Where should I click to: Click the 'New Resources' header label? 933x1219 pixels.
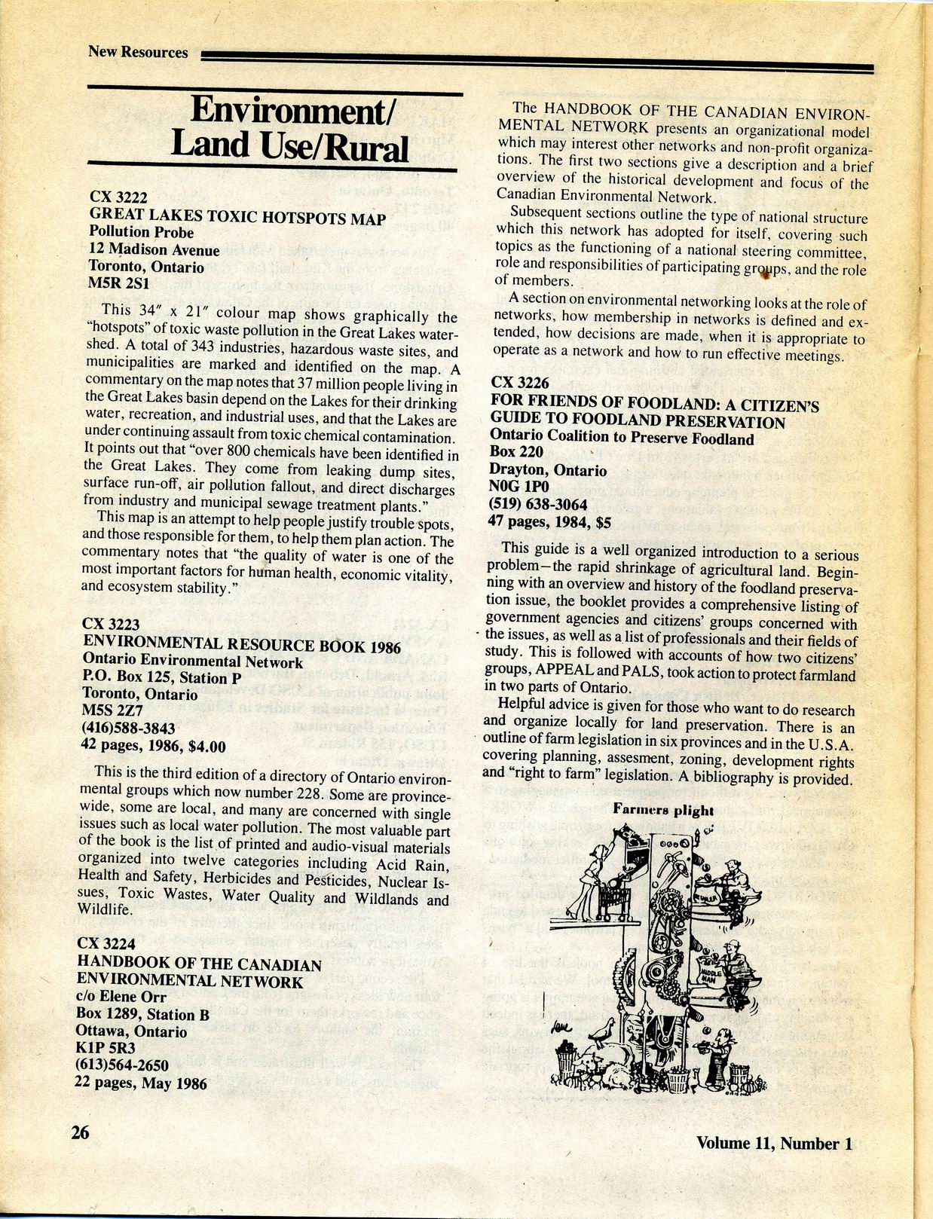click(138, 52)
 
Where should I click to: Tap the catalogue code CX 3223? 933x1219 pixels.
click(112, 624)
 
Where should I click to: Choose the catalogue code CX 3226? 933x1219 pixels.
click(521, 383)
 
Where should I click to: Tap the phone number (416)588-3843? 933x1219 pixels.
click(128, 729)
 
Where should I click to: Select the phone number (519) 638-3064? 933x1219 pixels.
click(540, 504)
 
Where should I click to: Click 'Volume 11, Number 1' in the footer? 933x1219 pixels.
click(774, 1143)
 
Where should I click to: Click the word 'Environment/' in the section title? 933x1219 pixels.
click(289, 110)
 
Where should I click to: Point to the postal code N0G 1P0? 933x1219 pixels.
click(521, 487)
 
